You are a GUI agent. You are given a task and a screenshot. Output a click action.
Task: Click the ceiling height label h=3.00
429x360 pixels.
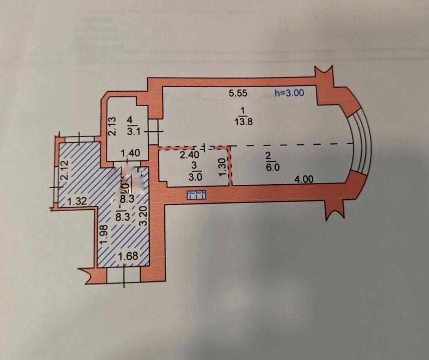289,93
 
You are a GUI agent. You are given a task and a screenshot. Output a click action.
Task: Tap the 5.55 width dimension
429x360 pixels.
238,93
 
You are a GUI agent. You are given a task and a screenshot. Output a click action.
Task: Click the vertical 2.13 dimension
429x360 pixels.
113,126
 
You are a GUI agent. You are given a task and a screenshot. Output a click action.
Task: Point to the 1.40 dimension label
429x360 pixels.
130,153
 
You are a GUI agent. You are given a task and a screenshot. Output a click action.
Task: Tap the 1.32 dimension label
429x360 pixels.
77,200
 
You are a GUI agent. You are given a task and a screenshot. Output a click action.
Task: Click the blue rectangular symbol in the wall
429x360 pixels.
197,195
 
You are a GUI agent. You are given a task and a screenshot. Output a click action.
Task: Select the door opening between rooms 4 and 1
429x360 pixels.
153,131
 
